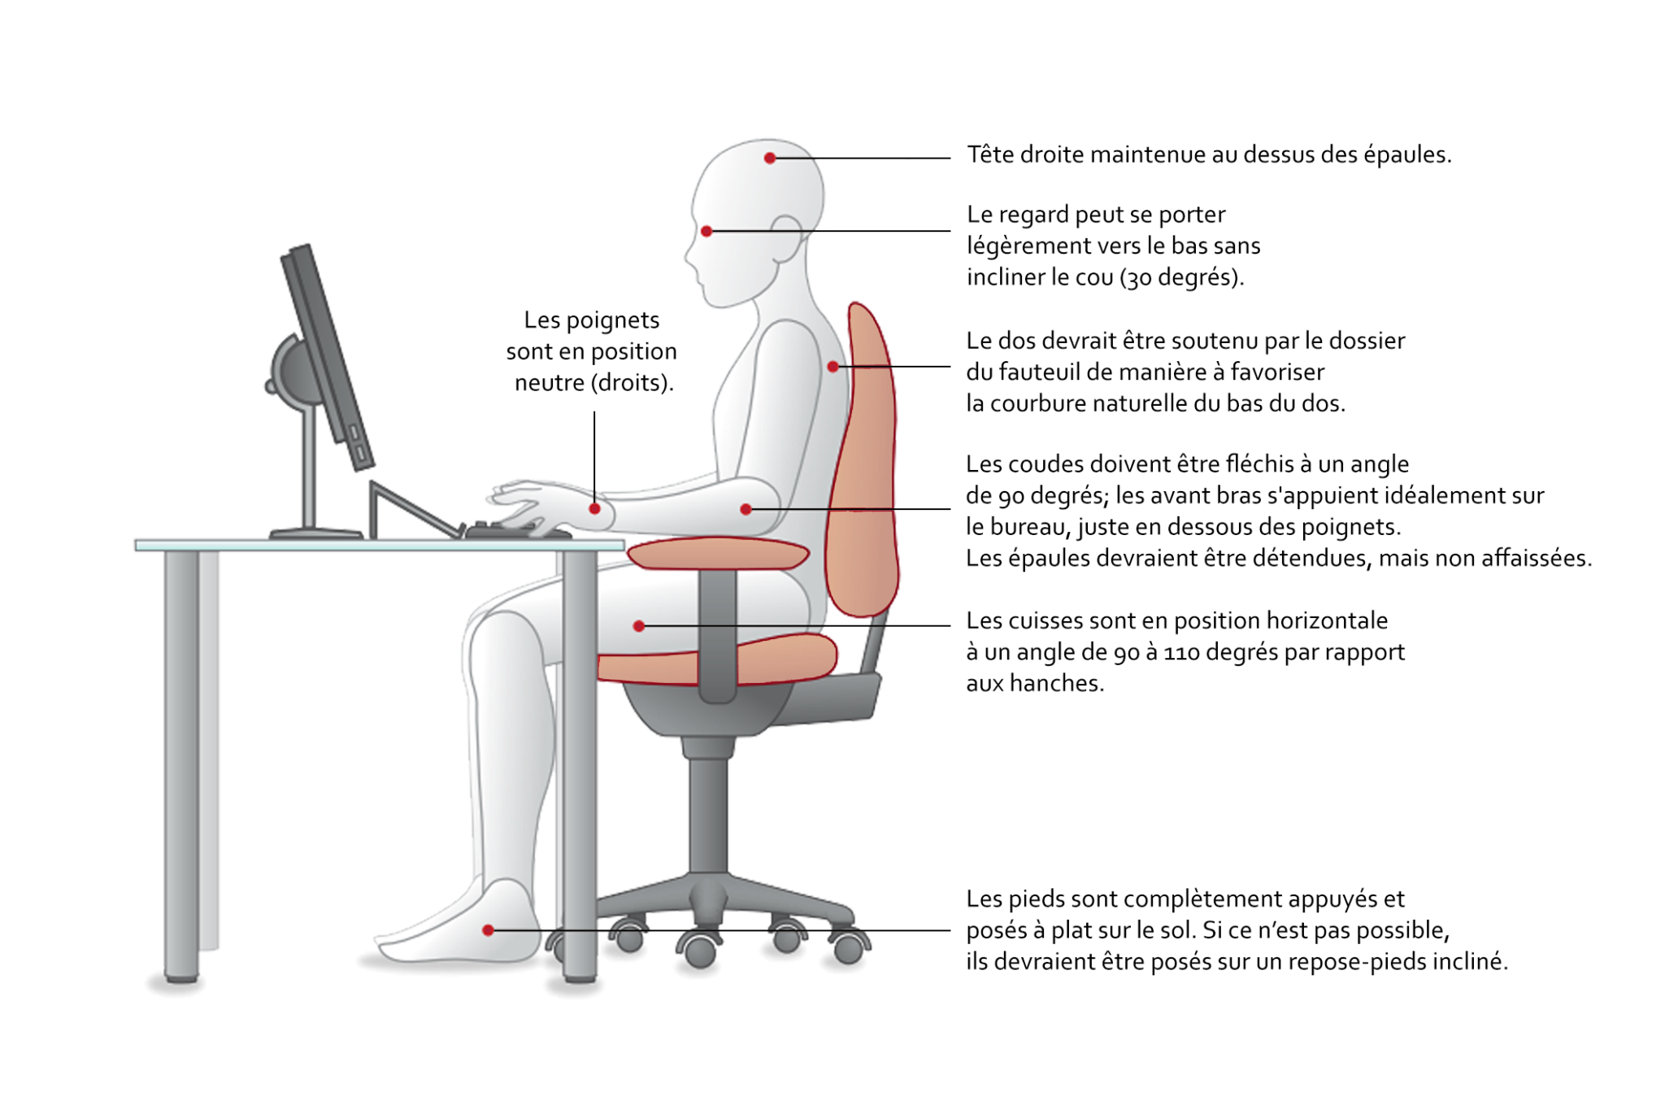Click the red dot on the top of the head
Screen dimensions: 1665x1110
tap(769, 158)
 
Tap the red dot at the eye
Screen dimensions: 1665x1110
tap(706, 231)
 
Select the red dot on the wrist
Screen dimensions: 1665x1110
tap(594, 508)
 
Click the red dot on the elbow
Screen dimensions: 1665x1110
tap(746, 509)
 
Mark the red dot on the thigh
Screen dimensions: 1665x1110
tap(639, 625)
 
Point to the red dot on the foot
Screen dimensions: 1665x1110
tap(488, 929)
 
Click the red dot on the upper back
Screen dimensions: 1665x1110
tap(832, 367)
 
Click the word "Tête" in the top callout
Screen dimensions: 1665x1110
tap(990, 154)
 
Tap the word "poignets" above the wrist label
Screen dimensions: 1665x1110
tap(613, 320)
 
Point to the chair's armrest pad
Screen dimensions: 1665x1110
tap(718, 553)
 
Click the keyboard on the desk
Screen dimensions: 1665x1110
tap(518, 530)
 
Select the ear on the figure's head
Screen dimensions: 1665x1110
tap(785, 238)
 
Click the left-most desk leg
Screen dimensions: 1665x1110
tap(181, 765)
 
